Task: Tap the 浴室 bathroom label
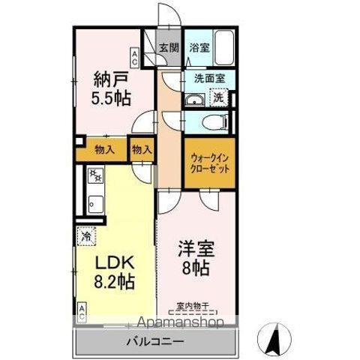tap(198, 47)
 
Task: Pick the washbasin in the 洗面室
tap(195, 101)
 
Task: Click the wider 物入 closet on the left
tap(104, 148)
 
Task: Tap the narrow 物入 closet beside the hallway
tap(141, 149)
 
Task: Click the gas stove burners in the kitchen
tap(95, 177)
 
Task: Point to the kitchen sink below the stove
tap(94, 202)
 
